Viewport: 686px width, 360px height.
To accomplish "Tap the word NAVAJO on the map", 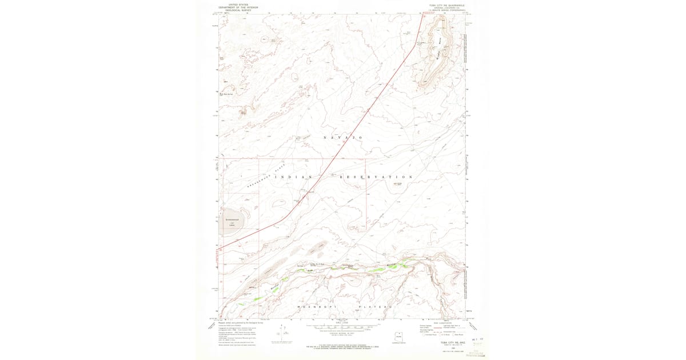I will pyautogui.click(x=343, y=138).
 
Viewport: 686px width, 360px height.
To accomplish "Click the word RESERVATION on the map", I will pyautogui.click(x=376, y=177).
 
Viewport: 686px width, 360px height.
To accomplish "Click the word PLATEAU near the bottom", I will pyautogui.click(x=376, y=307).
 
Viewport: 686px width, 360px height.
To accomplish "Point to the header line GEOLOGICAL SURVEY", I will pyautogui.click(x=239, y=10).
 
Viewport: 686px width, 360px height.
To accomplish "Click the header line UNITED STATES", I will pyautogui.click(x=239, y=5).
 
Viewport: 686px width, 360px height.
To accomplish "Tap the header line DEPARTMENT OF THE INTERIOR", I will pyautogui.click(x=239, y=7).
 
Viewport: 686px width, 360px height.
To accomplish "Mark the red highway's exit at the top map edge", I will pyautogui.click(x=424, y=14).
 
